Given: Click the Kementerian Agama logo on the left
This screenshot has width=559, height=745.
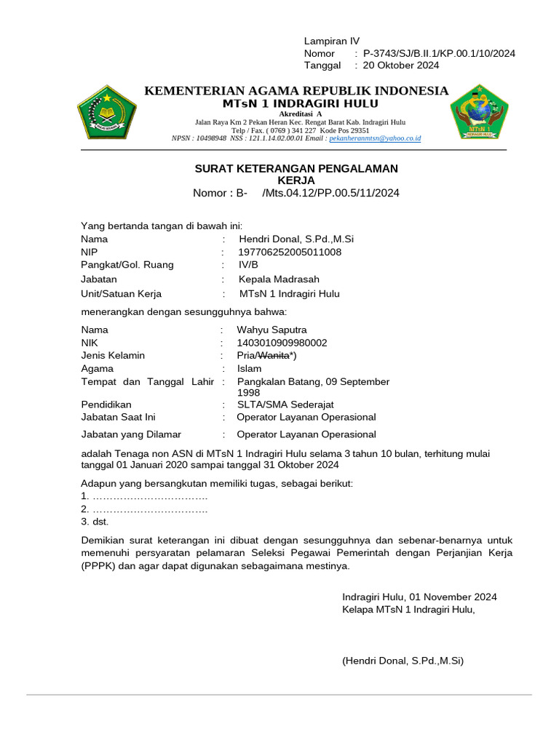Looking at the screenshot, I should click(107, 112).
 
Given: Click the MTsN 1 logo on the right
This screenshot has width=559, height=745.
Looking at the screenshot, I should click(478, 112).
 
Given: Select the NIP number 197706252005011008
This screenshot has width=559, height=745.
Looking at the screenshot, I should click(290, 252).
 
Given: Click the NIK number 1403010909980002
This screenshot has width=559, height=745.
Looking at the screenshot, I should click(282, 342).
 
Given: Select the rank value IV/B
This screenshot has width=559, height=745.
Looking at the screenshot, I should click(249, 265).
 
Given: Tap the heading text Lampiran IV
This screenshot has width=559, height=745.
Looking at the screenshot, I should click(332, 41).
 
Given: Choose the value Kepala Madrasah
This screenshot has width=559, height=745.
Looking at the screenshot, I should click(279, 279).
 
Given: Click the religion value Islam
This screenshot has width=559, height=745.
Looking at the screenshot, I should click(249, 368).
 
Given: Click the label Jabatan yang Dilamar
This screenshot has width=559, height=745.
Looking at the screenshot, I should click(131, 434).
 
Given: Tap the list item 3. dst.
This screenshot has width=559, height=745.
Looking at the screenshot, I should click(95, 522).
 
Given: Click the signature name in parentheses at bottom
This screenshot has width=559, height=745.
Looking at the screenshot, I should click(403, 661).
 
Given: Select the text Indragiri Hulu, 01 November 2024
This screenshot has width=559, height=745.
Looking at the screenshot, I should click(419, 597).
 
